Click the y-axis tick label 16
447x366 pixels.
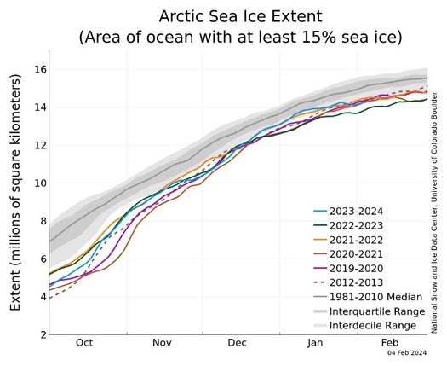point(39,69)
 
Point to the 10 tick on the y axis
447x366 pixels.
point(39,183)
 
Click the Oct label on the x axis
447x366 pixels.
point(83,343)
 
